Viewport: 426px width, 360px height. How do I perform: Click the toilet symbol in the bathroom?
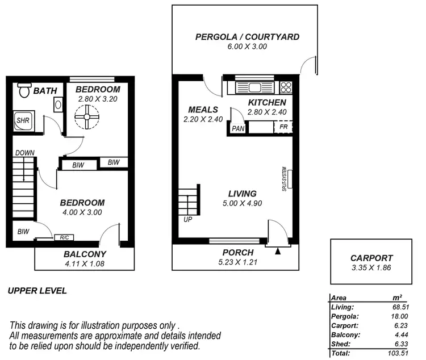coord(23,90)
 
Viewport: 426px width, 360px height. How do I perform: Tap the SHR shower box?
coord(23,120)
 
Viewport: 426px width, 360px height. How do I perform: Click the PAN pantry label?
coord(237,129)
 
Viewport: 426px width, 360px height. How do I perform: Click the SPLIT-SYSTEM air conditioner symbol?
coord(289,178)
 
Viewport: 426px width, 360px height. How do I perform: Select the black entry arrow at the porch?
coord(278,250)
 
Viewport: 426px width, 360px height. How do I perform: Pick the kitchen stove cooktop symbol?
coord(285,87)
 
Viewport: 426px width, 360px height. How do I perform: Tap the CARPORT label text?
coord(371,257)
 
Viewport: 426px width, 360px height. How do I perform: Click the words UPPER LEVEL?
coord(37,291)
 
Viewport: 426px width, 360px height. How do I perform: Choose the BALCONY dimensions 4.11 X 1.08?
coord(85,263)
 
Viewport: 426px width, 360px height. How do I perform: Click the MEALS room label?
coord(199,110)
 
